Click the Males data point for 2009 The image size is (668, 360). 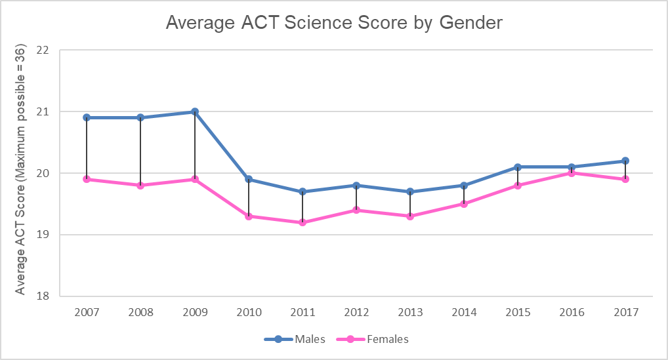(195, 111)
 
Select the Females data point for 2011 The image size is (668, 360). (303, 222)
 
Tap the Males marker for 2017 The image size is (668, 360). (625, 161)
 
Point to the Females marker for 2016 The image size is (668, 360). (572, 173)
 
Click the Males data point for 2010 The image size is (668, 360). (249, 179)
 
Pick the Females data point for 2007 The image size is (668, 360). (87, 179)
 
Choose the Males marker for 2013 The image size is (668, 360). (410, 191)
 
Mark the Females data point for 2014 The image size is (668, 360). (464, 204)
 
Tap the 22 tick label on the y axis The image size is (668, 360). (44, 50)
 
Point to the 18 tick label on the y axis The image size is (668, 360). (44, 296)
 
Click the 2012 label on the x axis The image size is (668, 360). (356, 313)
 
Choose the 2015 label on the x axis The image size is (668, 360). (518, 313)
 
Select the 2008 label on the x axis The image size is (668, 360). (140, 313)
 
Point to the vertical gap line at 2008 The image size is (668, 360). (140, 151)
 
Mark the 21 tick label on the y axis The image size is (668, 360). (44, 111)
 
